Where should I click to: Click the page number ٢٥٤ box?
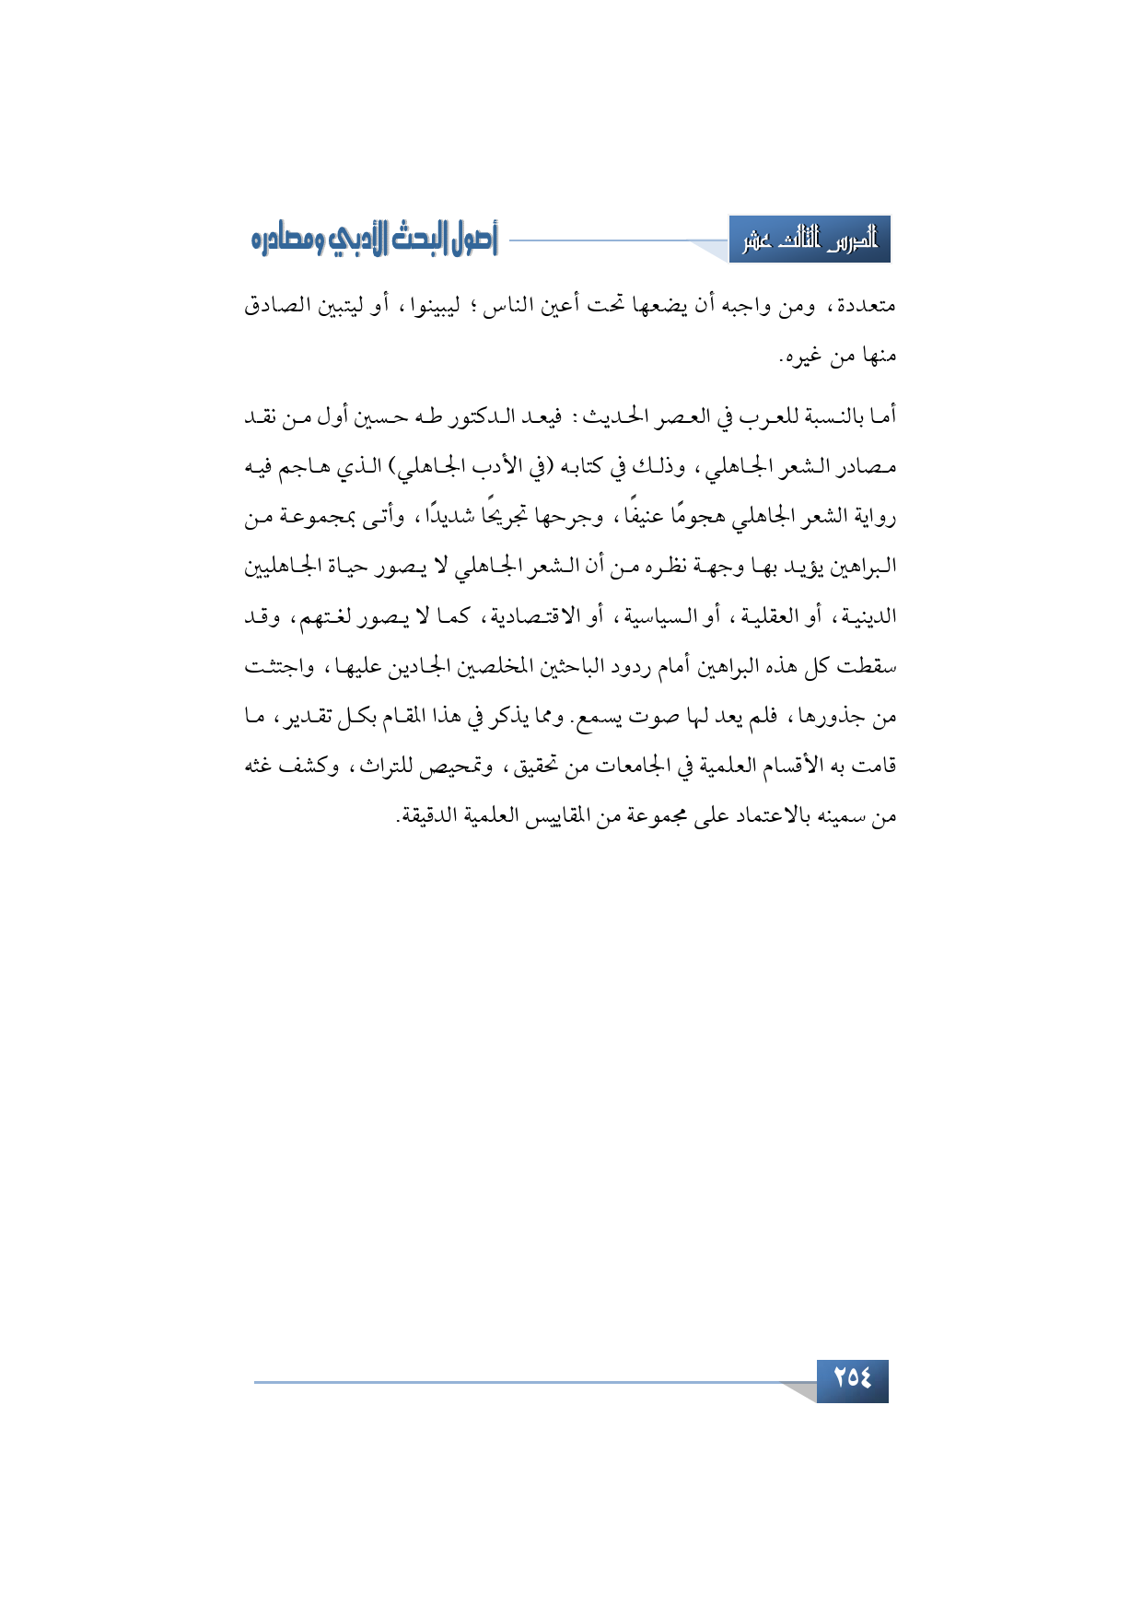[x=852, y=1379]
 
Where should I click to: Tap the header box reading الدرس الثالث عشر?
[x=810, y=240]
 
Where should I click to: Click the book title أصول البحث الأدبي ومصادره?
[x=374, y=240]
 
